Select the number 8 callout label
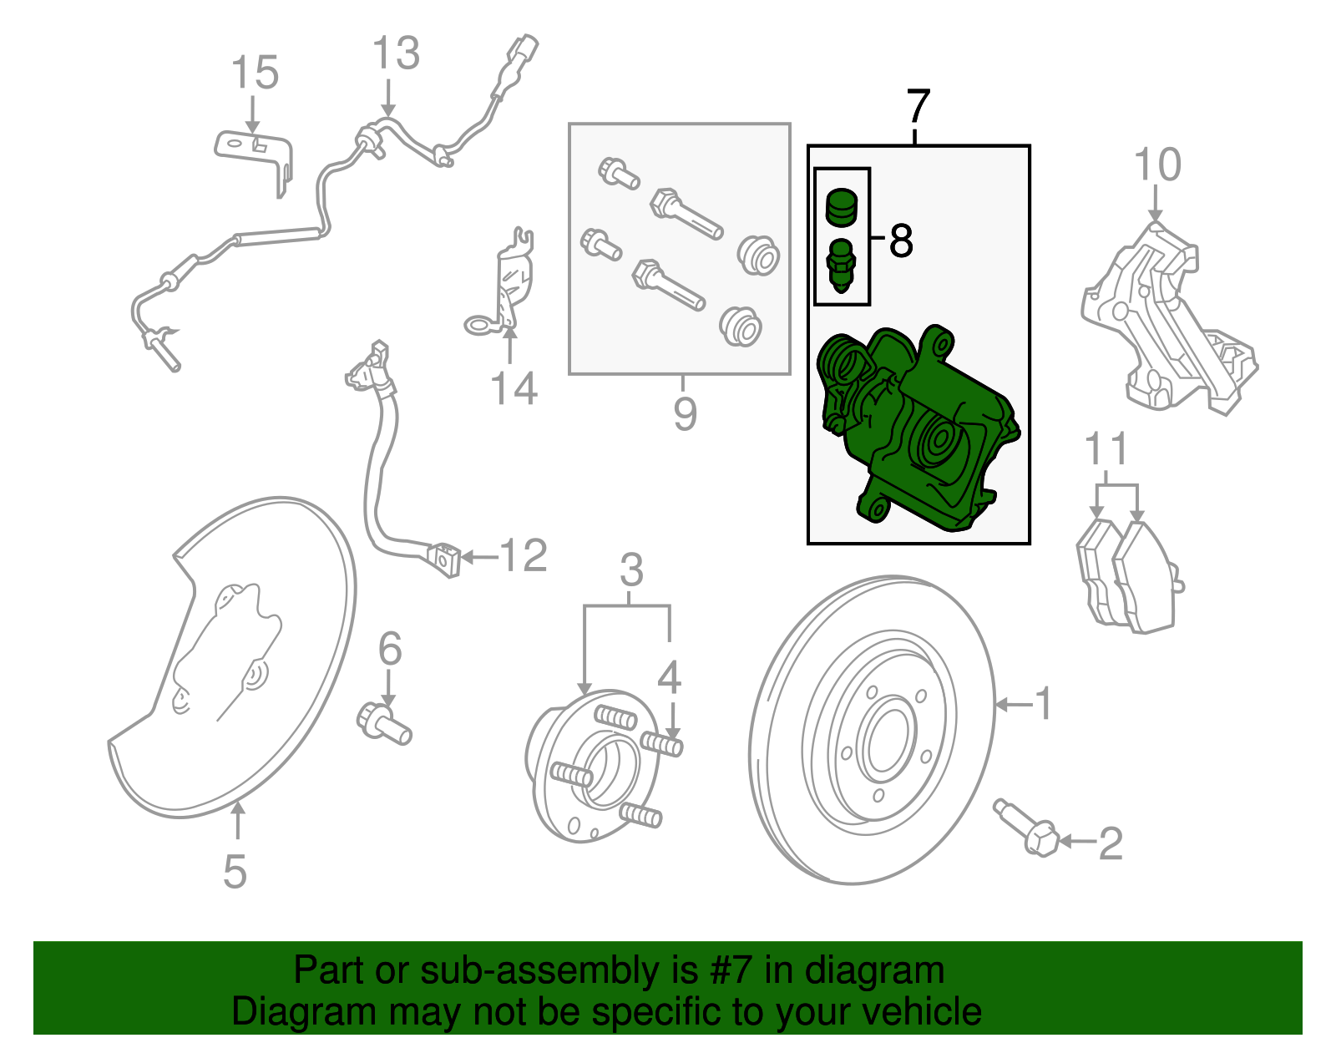tap(901, 240)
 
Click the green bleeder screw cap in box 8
tap(842, 206)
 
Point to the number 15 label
tap(254, 73)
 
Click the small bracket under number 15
tap(255, 155)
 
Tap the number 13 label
tap(395, 54)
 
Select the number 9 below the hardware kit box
tap(685, 414)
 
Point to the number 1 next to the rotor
tap(1044, 704)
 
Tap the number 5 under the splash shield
tap(235, 872)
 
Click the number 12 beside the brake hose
tap(523, 556)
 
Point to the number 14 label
tap(514, 389)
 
